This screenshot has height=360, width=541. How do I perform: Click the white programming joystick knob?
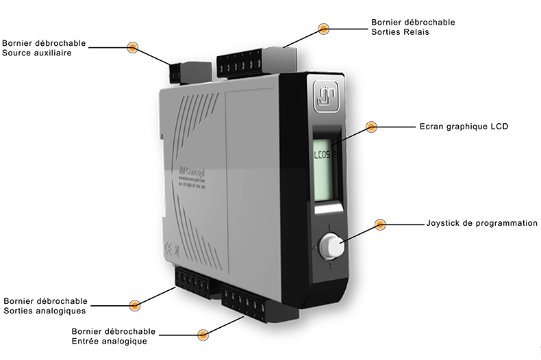[329, 244]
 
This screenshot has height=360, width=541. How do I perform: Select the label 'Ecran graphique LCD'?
[463, 127]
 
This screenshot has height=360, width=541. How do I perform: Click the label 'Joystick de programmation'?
[481, 223]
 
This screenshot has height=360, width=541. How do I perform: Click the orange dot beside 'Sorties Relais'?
[324, 29]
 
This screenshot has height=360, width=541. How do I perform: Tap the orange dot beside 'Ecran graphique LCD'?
[371, 127]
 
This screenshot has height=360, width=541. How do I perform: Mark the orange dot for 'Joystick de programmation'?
[380, 224]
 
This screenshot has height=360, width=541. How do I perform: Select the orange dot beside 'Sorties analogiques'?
[135, 304]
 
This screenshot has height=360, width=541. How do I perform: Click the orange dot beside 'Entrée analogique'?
[203, 335]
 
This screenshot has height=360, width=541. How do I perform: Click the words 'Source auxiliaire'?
[37, 52]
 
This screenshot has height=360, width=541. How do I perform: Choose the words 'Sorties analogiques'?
[45, 310]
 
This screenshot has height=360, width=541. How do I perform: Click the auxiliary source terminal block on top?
[179, 70]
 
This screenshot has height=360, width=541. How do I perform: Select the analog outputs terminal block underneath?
[193, 282]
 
